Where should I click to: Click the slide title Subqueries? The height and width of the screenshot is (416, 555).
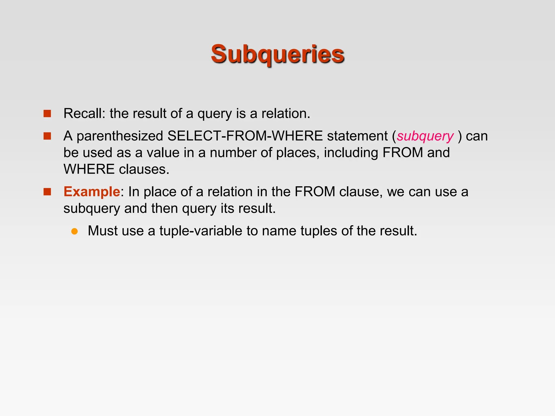tap(277, 54)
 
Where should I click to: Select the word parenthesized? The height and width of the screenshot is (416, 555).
tap(120, 136)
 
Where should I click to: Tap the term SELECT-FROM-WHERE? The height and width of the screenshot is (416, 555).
tap(245, 136)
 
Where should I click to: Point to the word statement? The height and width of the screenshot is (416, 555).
tap(357, 136)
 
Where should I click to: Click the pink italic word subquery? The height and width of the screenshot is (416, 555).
tap(425, 136)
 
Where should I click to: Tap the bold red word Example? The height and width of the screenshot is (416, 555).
tap(92, 192)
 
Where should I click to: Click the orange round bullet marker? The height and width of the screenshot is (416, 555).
tap(75, 231)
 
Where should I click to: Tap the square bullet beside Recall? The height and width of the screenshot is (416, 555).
tap(47, 113)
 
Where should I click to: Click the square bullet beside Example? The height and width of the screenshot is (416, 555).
tap(47, 192)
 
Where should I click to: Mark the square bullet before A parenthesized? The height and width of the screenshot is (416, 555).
tap(47, 136)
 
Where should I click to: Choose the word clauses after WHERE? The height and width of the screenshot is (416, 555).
tap(144, 170)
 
